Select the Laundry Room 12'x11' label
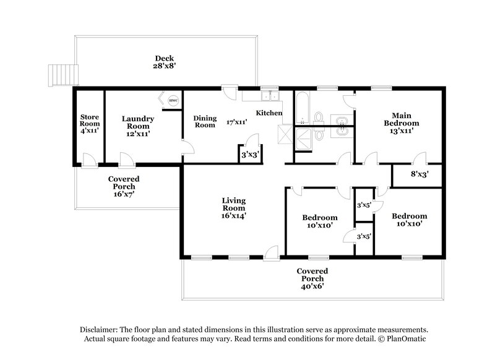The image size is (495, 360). pyautogui.click(x=137, y=126)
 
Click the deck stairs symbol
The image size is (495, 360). pyautogui.click(x=62, y=74)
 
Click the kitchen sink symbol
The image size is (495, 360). pyautogui.click(x=269, y=96)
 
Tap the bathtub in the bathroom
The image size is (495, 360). pyautogui.click(x=303, y=108)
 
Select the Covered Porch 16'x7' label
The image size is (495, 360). pyautogui.click(x=124, y=186)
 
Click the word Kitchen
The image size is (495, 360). pyautogui.click(x=270, y=113)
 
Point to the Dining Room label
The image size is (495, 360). pyautogui.click(x=205, y=121)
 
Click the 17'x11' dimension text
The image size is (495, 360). pyautogui.click(x=237, y=122)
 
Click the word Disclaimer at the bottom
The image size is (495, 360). pyautogui.click(x=101, y=330)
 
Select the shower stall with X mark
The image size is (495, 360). pyautogui.click(x=286, y=133)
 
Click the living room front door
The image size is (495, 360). pyautogui.click(x=271, y=252)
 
